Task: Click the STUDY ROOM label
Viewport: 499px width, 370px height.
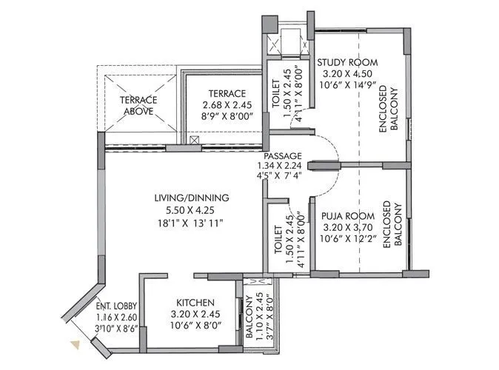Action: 345,61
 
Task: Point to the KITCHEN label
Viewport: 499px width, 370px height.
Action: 195,303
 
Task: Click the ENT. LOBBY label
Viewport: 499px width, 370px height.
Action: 113,304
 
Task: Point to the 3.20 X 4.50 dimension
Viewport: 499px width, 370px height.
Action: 345,74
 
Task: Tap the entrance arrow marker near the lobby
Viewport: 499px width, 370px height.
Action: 74,343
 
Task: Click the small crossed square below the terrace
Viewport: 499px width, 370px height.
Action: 194,139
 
